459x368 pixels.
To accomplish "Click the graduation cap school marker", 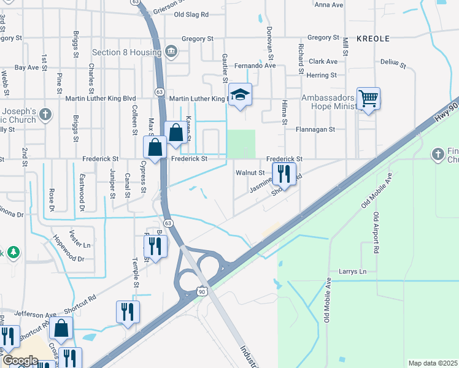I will (x=241, y=95).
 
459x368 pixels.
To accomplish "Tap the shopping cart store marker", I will (x=368, y=98).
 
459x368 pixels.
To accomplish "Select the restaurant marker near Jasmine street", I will (x=283, y=174).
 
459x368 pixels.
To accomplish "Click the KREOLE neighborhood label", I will (x=373, y=38).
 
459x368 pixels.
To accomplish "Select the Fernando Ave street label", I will (x=253, y=65).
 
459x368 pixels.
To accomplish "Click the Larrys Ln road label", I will (x=352, y=271).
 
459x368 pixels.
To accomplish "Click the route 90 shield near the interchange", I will (x=202, y=291).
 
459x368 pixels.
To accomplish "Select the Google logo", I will (x=20, y=361).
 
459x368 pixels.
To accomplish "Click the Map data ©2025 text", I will (x=433, y=363).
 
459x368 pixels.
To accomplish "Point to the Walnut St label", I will (x=250, y=172).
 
